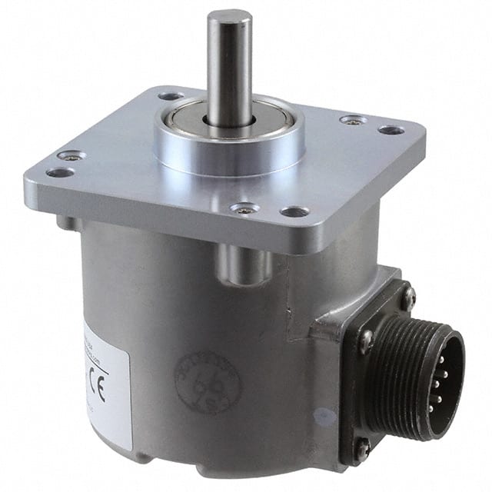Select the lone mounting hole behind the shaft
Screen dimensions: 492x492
(x=171, y=96)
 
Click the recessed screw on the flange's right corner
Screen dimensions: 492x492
(x=353, y=120)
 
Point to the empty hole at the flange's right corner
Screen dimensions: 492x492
(x=391, y=130)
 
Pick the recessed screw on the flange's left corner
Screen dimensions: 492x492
(x=71, y=155)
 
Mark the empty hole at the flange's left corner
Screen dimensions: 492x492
(x=59, y=172)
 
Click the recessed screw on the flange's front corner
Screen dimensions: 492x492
(x=244, y=208)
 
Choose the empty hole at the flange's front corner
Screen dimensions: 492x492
(x=294, y=211)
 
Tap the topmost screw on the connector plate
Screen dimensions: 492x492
(x=407, y=296)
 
